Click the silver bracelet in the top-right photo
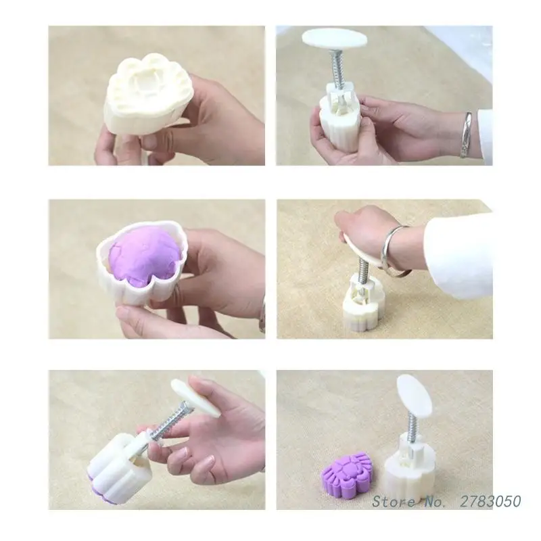(467, 135)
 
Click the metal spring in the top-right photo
(335, 68)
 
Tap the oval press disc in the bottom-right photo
(413, 394)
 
